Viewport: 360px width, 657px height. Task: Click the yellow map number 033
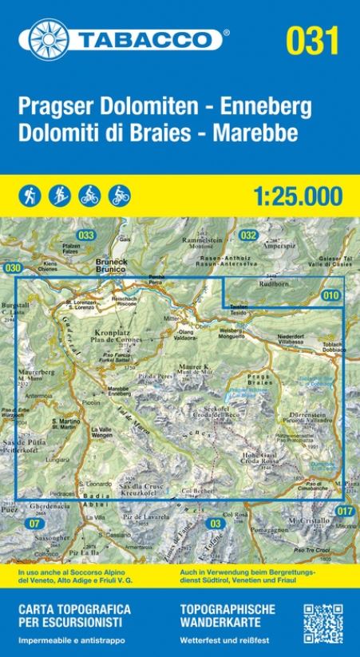click(x=86, y=235)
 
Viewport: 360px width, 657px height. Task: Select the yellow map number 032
click(x=248, y=235)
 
